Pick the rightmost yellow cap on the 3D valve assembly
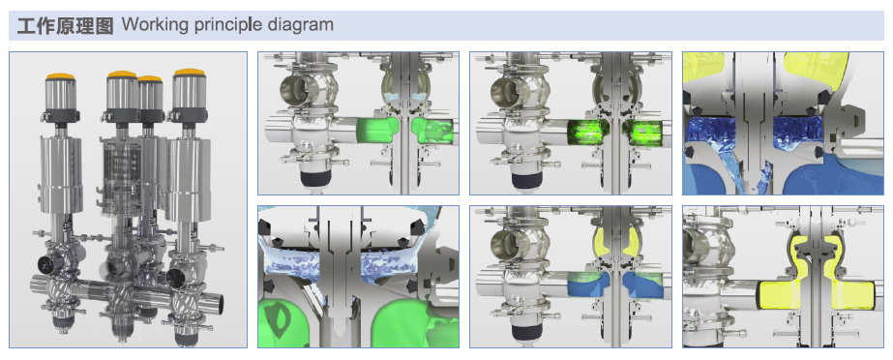click(x=188, y=74)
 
